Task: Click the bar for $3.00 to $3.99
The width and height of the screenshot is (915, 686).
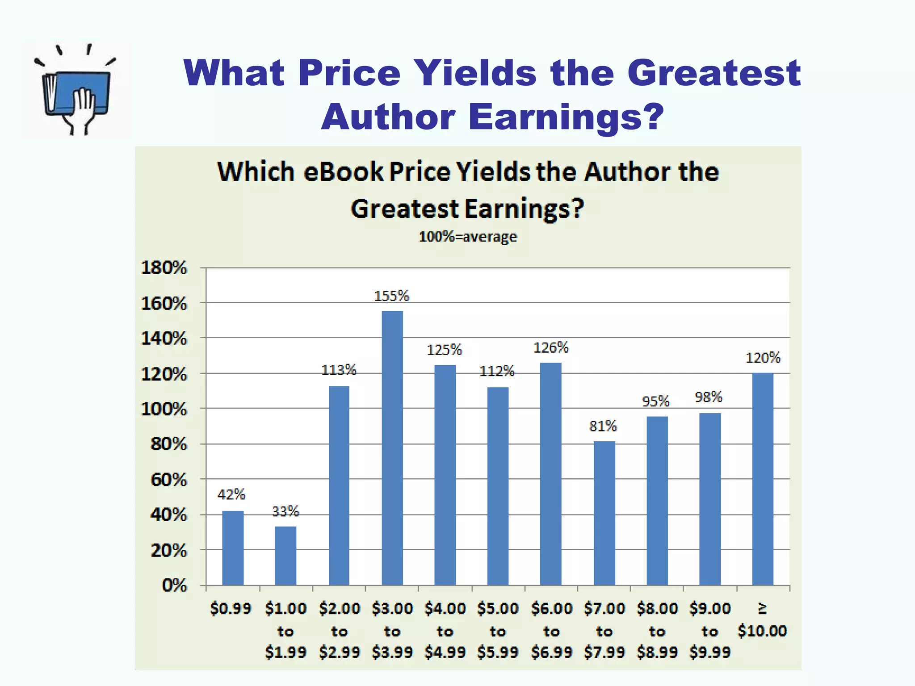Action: point(392,448)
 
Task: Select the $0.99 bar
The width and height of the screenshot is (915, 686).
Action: point(233,548)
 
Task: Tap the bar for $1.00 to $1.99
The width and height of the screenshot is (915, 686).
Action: point(285,556)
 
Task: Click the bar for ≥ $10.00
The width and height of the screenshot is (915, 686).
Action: point(763,479)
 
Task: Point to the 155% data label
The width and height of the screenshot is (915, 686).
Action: point(391,296)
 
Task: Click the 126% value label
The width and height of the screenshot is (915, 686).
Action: point(551,347)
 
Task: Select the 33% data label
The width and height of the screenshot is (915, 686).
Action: point(285,511)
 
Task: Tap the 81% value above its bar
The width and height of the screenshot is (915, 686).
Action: point(603,426)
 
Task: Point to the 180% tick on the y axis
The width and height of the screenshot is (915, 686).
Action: point(164,268)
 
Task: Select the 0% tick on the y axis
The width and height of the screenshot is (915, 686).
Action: point(174,585)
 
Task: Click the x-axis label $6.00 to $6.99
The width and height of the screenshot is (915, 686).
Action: point(551,631)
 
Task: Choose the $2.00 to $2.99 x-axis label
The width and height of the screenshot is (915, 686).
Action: point(339,631)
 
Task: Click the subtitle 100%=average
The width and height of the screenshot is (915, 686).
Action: point(468,236)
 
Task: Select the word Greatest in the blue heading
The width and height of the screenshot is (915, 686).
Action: point(714,73)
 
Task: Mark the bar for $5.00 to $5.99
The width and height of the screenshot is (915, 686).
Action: point(498,486)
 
